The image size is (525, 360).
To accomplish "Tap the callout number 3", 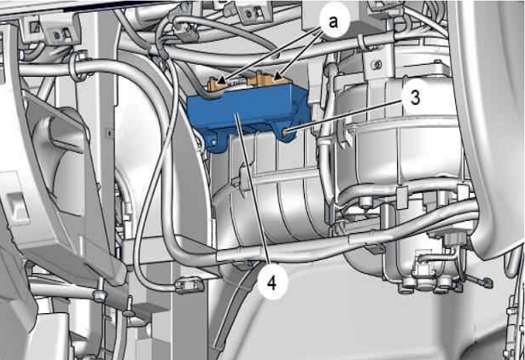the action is tap(415, 98).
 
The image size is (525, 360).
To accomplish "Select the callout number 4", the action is tap(271, 283).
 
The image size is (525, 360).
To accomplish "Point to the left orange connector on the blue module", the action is tap(216, 85).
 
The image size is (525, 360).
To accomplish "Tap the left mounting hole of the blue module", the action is tap(213, 142).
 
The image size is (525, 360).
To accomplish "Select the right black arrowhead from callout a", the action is tap(277, 77).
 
